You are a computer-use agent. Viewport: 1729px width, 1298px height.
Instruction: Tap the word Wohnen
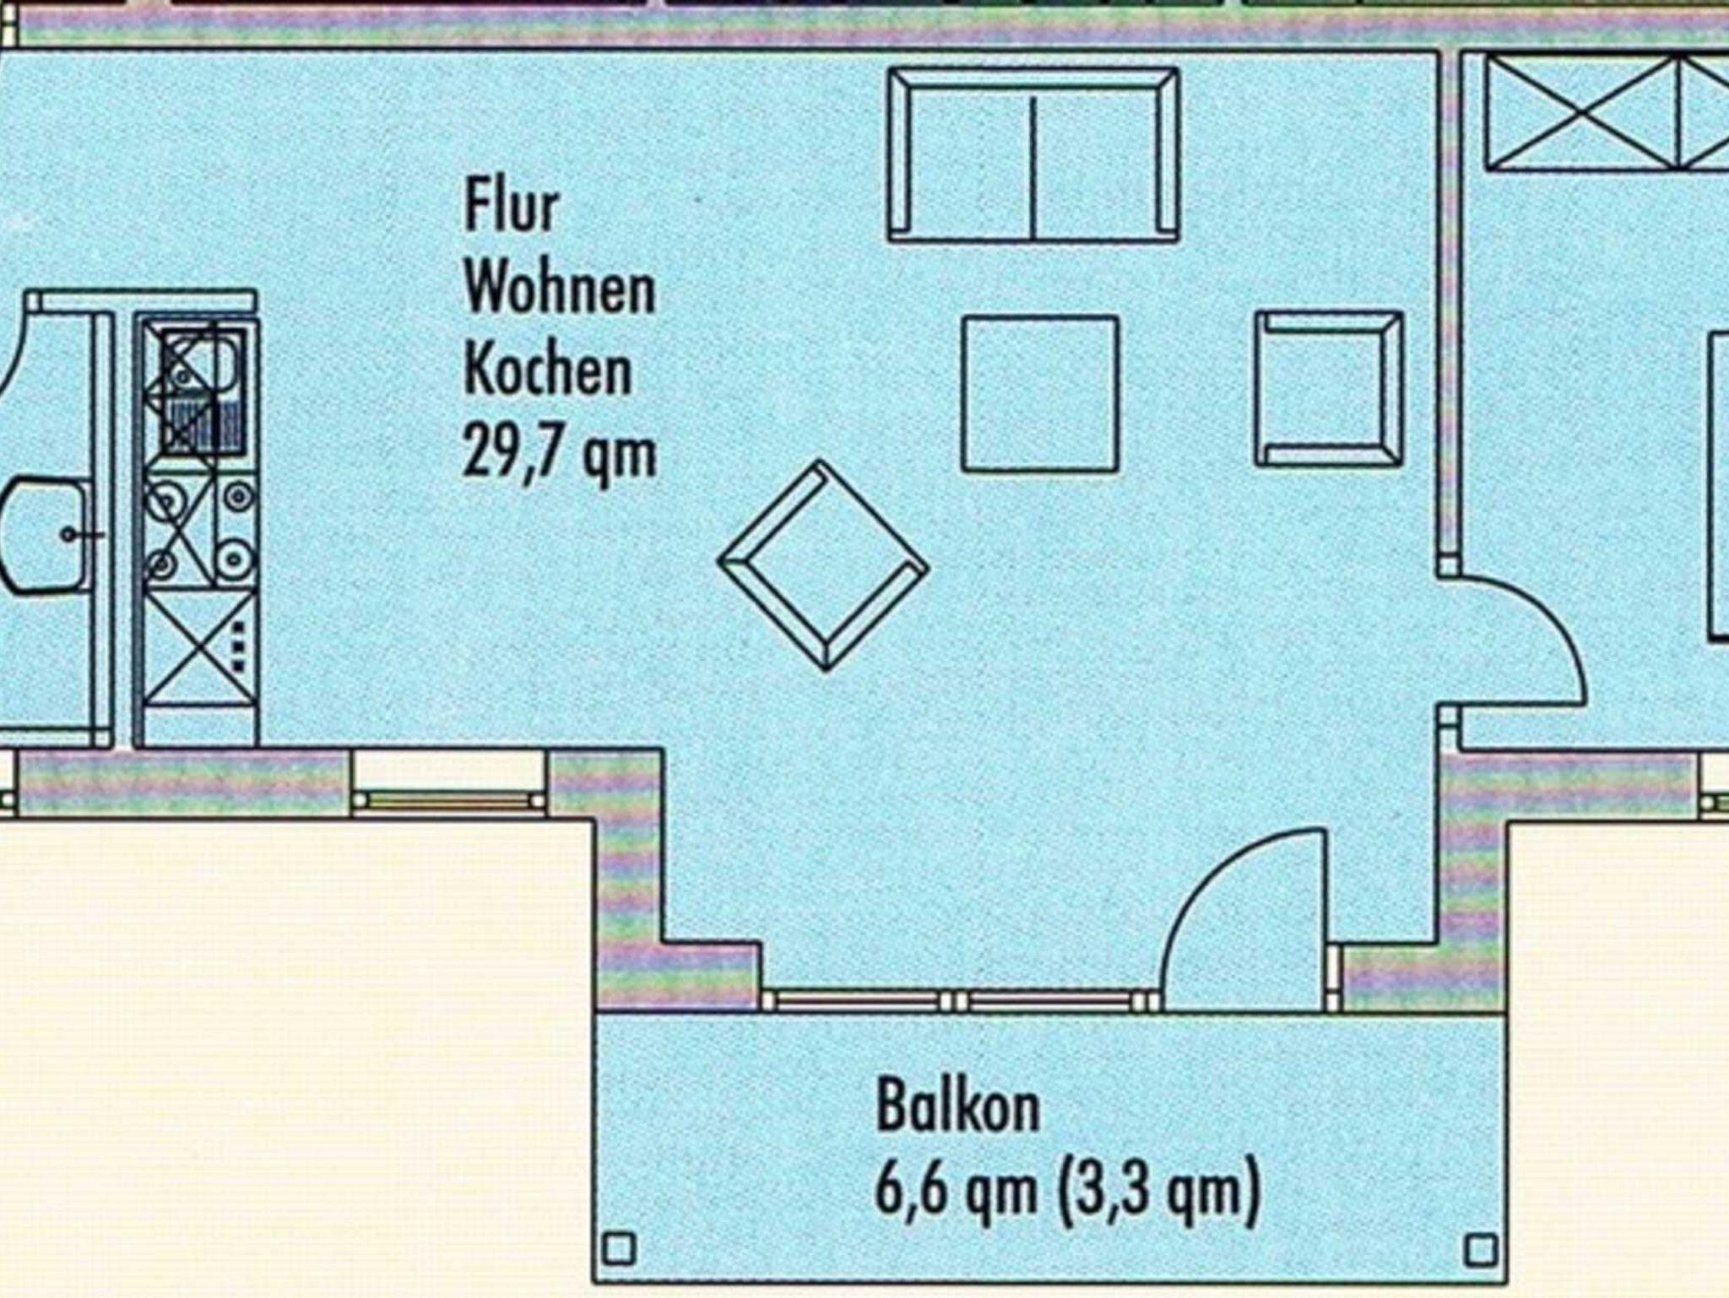click(x=560, y=289)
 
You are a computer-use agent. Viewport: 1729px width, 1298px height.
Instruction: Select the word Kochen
click(x=548, y=370)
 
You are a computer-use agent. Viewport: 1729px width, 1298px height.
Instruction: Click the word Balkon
click(x=958, y=1106)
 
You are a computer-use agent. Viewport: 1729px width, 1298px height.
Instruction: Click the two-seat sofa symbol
click(x=1033, y=155)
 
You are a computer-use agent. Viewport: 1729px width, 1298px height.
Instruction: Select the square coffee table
click(x=1040, y=393)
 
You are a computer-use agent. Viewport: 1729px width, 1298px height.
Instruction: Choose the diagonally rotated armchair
click(x=823, y=565)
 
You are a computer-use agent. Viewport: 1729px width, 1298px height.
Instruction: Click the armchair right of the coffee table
click(x=1329, y=388)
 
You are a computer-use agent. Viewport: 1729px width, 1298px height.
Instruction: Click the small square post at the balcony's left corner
click(x=621, y=1247)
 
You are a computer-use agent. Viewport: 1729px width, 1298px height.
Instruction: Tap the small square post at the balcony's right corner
click(x=1480, y=1249)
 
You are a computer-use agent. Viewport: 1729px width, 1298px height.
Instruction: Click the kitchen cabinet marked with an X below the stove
click(x=199, y=646)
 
